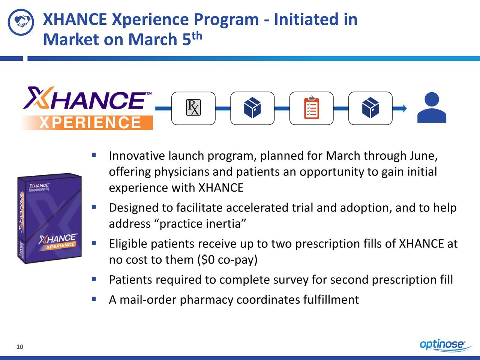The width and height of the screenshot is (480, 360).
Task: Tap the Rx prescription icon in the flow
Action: pos(193,108)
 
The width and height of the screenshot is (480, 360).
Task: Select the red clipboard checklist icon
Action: pos(311,108)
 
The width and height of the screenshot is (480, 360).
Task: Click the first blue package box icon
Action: pos(252,108)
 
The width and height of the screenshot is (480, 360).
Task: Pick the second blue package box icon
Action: pos(370,108)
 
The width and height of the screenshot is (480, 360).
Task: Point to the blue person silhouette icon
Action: pos(432,108)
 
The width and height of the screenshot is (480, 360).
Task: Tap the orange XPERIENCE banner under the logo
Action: pos(90,123)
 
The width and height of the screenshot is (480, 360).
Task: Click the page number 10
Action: pos(20,347)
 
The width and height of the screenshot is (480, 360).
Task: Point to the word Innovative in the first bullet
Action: pos(137,156)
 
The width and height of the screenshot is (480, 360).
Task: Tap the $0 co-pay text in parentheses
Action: pos(227,259)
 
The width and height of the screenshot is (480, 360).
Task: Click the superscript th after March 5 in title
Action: pos(198,36)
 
